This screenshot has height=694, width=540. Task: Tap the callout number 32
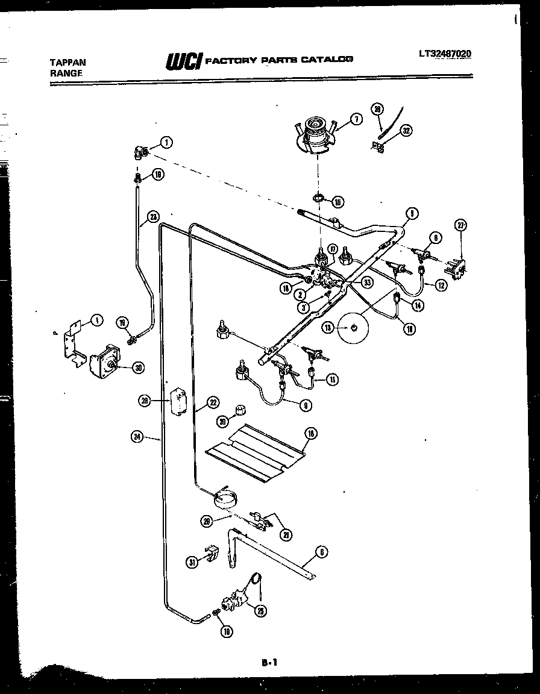[x=406, y=130]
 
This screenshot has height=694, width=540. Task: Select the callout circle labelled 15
[x=337, y=201]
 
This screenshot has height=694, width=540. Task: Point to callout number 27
[x=461, y=226]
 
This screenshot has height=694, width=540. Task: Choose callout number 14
[x=417, y=305]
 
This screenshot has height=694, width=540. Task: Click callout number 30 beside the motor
[x=137, y=367]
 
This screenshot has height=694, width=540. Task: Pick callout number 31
[x=192, y=562]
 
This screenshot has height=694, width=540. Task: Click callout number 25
[x=261, y=611]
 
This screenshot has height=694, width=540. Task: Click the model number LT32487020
[x=445, y=54]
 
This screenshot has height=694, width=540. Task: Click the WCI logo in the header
[x=183, y=60]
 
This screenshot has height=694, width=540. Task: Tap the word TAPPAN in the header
[x=67, y=62]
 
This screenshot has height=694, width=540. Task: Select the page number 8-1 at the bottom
[x=269, y=662]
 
